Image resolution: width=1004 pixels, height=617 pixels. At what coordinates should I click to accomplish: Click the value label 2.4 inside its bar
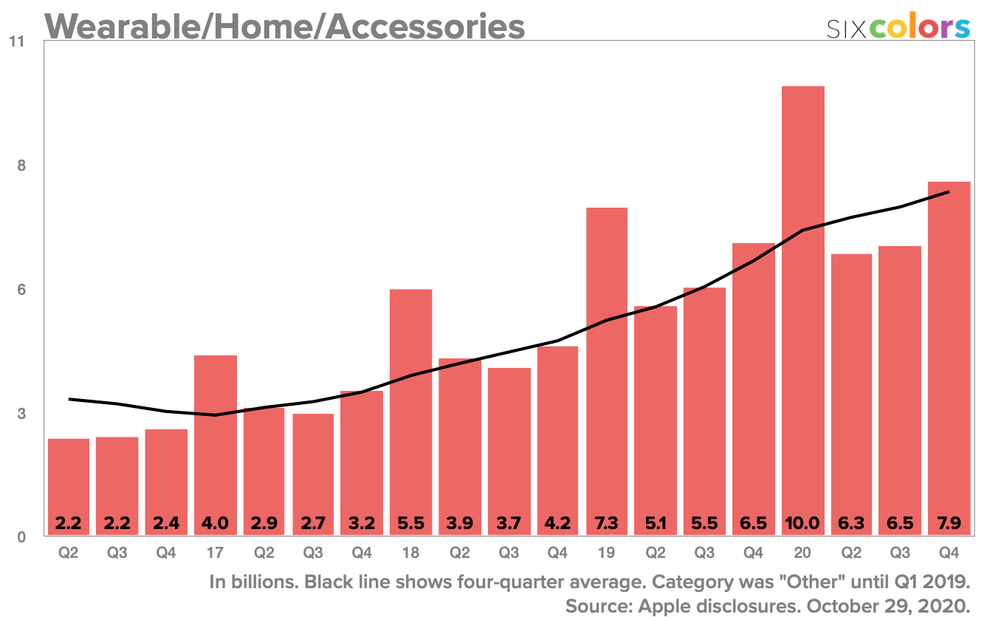(166, 524)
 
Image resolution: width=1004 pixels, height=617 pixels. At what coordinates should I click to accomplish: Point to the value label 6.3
(851, 524)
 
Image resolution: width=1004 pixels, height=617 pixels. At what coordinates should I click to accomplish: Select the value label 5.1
(656, 524)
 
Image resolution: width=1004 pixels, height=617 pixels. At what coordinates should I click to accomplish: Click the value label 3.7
(509, 524)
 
